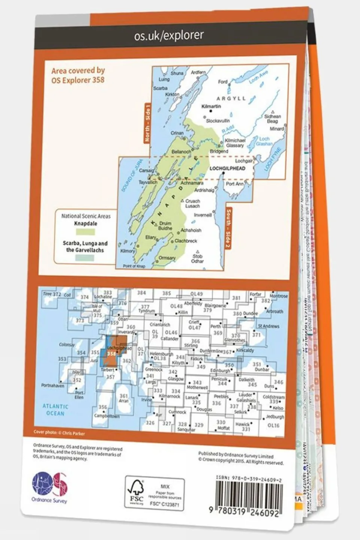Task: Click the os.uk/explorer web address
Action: click(169, 35)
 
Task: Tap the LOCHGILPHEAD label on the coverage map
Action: click(227, 168)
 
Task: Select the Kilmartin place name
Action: click(211, 107)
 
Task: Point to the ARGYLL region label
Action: click(231, 98)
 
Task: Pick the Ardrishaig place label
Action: click(204, 190)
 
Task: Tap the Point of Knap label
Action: click(134, 266)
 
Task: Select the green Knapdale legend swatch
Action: click(85, 232)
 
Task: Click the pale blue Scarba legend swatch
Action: click(84, 258)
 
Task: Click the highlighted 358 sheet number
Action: click(111, 354)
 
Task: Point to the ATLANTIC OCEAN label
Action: click(55, 410)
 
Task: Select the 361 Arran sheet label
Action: click(124, 398)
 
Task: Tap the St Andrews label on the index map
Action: click(269, 326)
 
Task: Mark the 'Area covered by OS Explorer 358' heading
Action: click(78, 75)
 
